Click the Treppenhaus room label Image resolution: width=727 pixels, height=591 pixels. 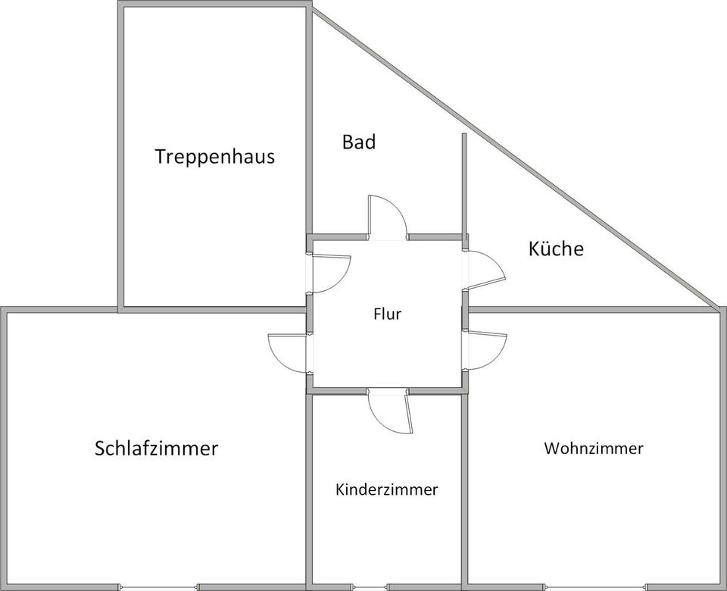tap(214, 157)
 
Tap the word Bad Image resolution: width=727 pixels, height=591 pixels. tap(358, 142)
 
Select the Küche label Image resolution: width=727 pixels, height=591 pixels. tap(556, 249)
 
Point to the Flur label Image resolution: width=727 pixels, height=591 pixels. tap(387, 314)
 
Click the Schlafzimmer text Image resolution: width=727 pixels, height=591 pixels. tap(156, 448)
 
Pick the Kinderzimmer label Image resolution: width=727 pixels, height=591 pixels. tap(386, 489)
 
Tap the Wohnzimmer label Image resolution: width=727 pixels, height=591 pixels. tap(593, 448)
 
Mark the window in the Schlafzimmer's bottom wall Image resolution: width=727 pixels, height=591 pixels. tap(158, 586)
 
